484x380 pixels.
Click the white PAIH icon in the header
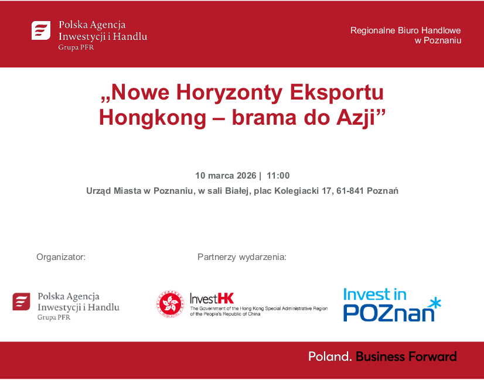click(41, 30)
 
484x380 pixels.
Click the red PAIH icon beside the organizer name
click(21, 302)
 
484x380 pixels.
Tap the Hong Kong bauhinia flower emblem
click(170, 303)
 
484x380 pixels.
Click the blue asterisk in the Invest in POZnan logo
click(434, 303)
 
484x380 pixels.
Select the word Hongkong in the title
click(152, 117)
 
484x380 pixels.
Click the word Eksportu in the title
click(336, 93)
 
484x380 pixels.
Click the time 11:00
click(278, 176)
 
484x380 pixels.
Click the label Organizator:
click(61, 256)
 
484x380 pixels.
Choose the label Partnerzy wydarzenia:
click(242, 256)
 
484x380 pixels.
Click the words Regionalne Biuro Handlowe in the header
click(405, 30)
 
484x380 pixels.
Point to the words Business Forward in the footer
click(406, 356)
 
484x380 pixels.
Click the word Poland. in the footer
click(330, 356)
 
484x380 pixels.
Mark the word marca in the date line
click(221, 176)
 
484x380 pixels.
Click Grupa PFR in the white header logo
click(76, 47)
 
